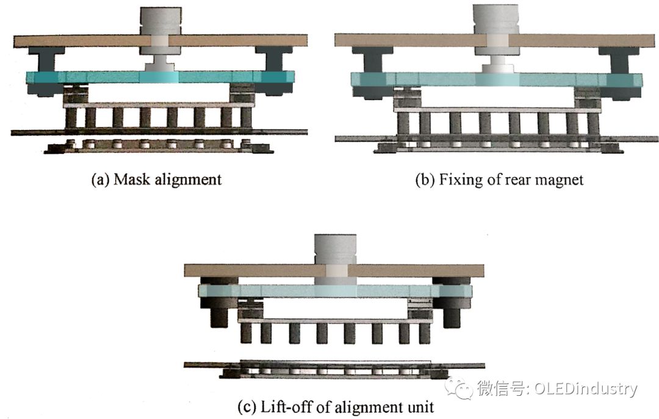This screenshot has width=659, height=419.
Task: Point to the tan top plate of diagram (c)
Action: point(244,271)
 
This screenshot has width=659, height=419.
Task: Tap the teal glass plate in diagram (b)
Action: point(427,79)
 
